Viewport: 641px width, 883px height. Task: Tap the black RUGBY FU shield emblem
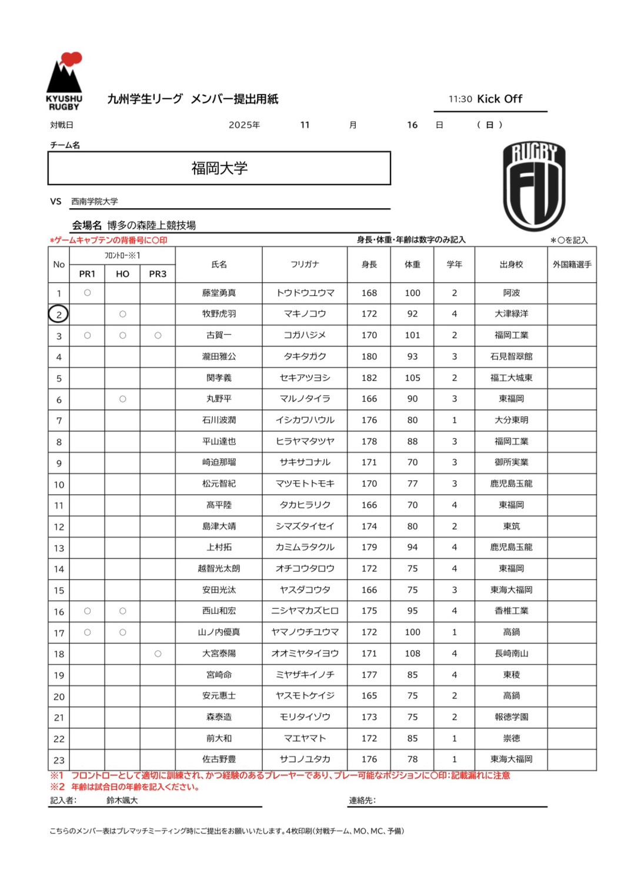click(534, 186)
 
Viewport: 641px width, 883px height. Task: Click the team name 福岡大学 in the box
click(219, 169)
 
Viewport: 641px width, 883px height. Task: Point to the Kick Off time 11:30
click(460, 99)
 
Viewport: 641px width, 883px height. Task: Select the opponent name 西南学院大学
click(95, 202)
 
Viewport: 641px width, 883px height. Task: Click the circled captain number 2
click(58, 315)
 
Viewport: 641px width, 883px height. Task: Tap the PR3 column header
click(158, 274)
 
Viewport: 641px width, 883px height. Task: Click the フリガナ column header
click(305, 265)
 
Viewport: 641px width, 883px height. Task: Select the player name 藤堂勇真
click(219, 293)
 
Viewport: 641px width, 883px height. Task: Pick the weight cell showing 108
click(412, 654)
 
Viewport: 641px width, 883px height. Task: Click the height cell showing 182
click(369, 378)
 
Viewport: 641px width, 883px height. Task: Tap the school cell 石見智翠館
click(511, 357)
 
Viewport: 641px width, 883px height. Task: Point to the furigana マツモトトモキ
click(305, 484)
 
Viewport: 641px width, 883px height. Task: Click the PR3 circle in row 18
click(158, 654)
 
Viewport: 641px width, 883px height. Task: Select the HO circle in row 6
click(122, 399)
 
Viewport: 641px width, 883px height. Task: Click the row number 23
click(59, 760)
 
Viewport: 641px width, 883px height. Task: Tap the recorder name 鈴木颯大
click(122, 801)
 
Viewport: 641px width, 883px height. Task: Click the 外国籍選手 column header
click(572, 265)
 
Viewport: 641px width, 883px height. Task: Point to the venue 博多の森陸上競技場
click(151, 225)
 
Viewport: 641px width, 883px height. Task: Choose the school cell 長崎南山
click(511, 654)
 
